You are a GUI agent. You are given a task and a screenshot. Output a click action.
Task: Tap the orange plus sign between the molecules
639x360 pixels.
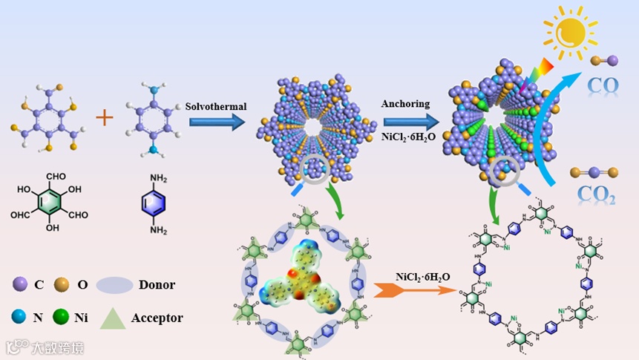coord(105,118)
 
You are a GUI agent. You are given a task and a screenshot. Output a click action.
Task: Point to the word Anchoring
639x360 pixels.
coord(405,103)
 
